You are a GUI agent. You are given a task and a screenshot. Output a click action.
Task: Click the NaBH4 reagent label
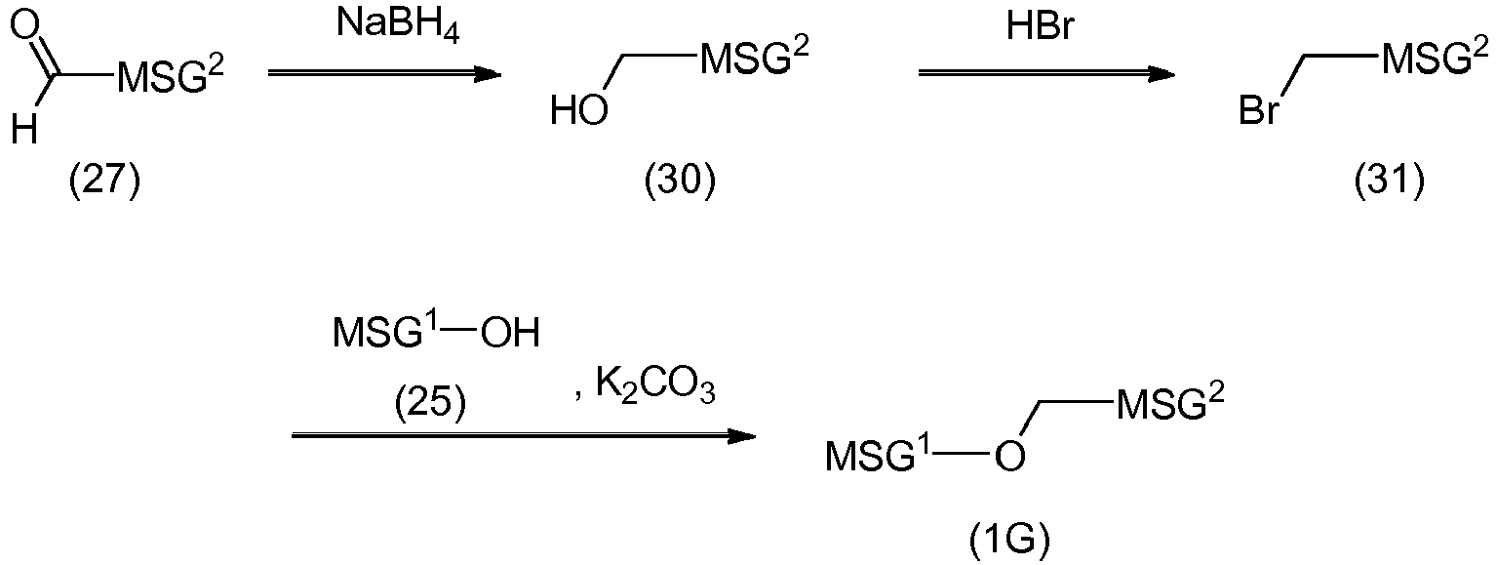click(x=398, y=26)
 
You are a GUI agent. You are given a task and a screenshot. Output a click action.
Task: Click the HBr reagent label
click(x=1041, y=26)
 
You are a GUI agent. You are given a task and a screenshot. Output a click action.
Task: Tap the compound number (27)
click(x=105, y=182)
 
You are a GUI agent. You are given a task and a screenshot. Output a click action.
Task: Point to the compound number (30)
click(x=680, y=182)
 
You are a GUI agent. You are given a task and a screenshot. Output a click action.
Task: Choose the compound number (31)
click(x=1390, y=182)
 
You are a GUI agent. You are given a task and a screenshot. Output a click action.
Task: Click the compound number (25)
click(x=430, y=404)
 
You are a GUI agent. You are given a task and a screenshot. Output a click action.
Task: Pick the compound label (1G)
click(x=1009, y=540)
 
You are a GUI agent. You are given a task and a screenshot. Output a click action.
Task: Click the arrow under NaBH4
click(x=384, y=73)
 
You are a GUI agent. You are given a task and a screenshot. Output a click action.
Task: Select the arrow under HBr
click(x=1045, y=73)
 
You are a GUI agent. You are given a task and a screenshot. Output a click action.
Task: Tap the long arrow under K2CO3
click(x=524, y=436)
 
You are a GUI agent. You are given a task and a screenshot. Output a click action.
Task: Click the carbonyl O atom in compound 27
click(x=24, y=29)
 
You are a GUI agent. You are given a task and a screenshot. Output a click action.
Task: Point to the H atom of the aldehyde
click(x=24, y=129)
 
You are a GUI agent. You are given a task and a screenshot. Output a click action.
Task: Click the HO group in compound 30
click(x=578, y=110)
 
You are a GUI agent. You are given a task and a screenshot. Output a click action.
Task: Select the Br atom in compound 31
click(x=1258, y=110)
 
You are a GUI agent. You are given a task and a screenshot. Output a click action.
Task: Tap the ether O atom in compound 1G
click(x=1009, y=458)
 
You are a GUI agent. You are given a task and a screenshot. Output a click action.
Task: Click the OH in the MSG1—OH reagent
click(x=510, y=333)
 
